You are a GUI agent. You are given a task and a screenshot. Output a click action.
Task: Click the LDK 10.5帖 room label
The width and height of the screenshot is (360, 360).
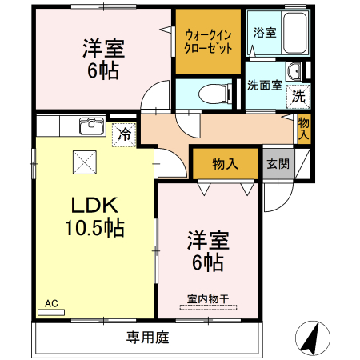point(94,216)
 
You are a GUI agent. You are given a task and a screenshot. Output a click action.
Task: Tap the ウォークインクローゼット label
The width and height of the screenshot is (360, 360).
point(208,41)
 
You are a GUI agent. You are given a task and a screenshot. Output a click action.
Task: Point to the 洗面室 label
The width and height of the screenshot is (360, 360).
point(264,85)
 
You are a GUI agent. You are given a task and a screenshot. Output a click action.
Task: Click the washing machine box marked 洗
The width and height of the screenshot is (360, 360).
point(298,96)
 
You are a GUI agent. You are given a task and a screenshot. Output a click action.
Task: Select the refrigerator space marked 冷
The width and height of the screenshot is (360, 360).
point(124,134)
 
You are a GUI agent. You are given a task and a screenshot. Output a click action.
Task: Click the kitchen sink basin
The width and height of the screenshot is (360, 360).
point(90,126)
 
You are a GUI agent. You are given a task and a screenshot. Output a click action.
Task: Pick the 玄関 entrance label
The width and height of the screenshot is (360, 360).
point(277,165)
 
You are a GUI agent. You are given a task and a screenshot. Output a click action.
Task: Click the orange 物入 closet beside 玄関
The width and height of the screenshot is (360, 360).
point(225,164)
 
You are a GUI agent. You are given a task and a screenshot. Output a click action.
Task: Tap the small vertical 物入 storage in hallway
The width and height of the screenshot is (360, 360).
point(304,128)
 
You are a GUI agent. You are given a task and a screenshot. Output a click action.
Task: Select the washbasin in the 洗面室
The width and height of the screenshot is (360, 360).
point(295,73)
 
